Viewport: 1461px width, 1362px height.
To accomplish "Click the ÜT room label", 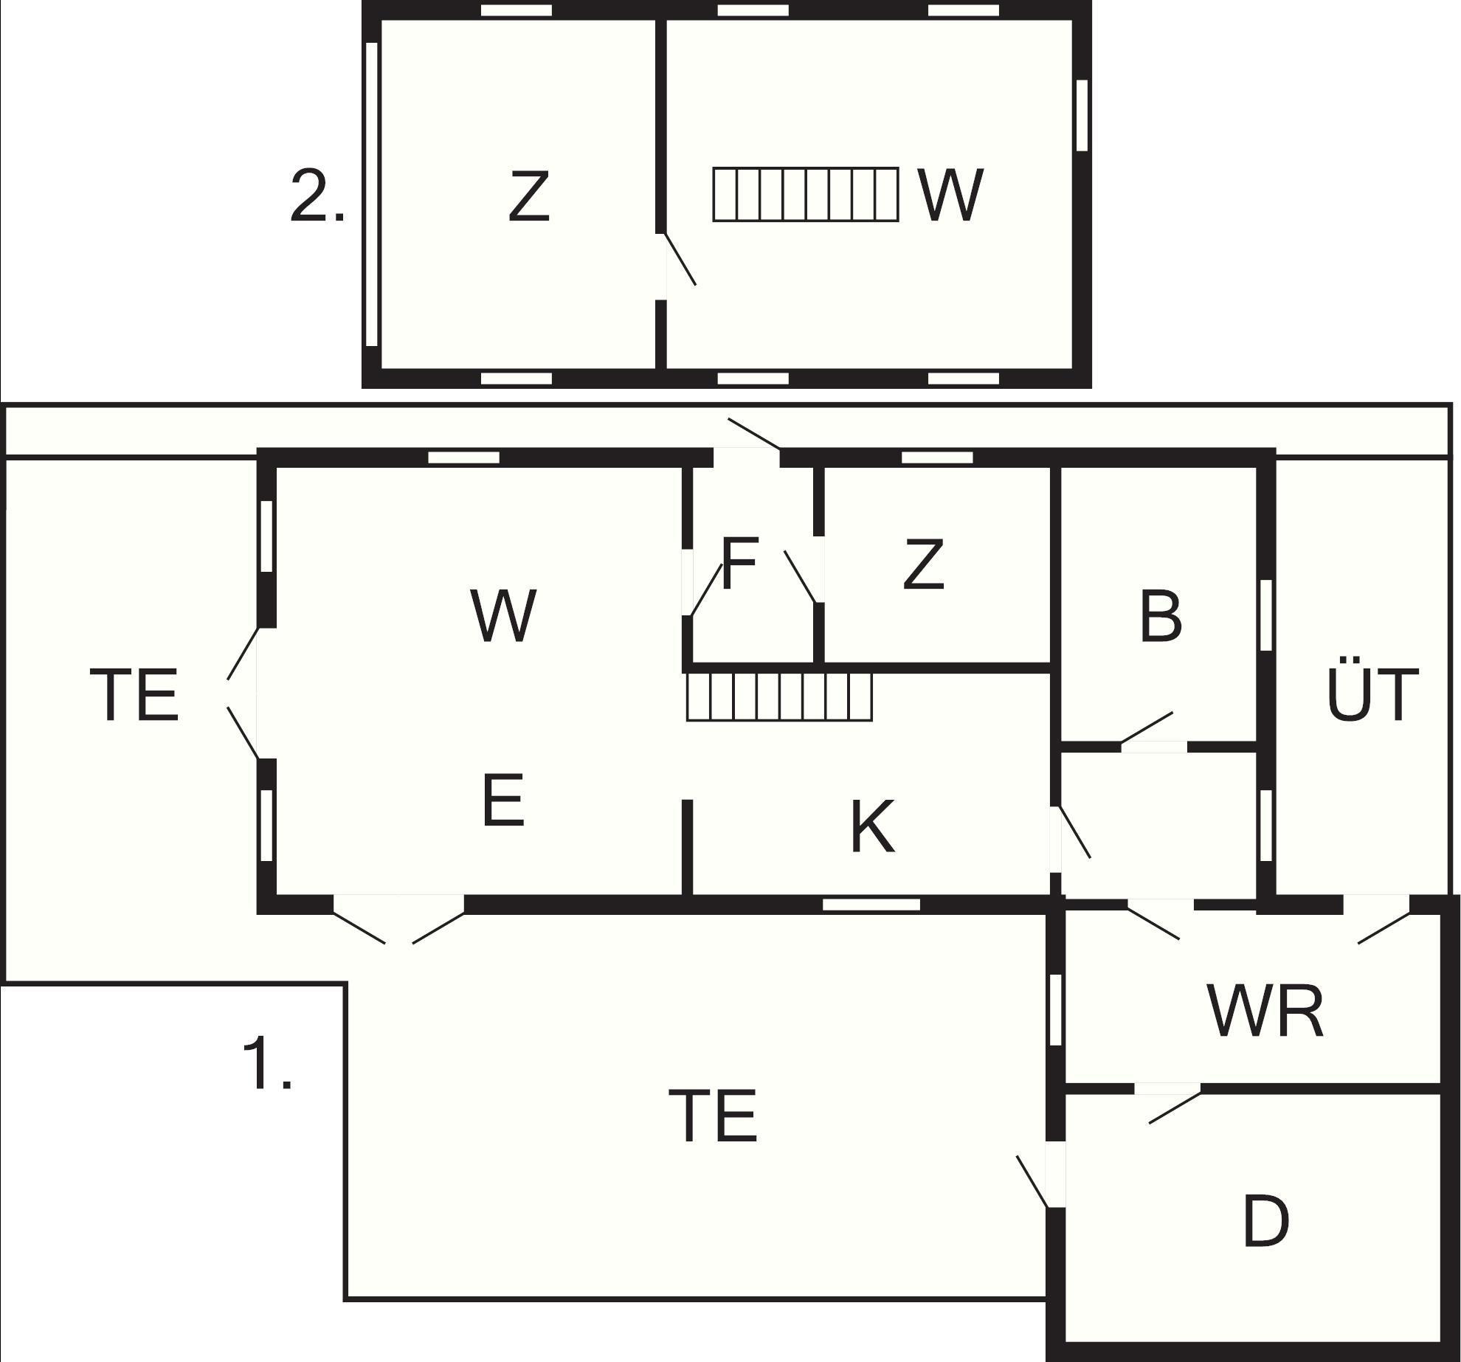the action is (x=1372, y=688).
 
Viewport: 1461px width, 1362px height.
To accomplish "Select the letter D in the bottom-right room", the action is (x=1266, y=1222).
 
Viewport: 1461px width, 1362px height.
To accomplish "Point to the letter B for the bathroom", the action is (x=1160, y=616).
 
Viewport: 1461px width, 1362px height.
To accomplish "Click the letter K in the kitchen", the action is (x=873, y=827).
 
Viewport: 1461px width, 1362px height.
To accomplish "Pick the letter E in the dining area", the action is (x=503, y=801).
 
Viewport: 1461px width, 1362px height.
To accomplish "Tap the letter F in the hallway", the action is (x=739, y=564).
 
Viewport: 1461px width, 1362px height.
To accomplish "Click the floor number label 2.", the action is (x=317, y=196).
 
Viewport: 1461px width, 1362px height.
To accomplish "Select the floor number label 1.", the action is (x=267, y=1062).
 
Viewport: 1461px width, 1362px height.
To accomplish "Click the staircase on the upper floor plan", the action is (x=806, y=195).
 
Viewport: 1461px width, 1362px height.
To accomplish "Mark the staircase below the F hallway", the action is (x=780, y=696).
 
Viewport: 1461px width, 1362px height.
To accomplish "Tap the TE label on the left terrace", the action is (x=134, y=695).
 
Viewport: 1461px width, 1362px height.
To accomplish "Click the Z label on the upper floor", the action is (x=529, y=196).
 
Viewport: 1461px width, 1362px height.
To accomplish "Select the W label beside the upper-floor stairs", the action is (x=950, y=195).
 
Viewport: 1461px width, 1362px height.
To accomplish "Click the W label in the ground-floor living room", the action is (x=503, y=616).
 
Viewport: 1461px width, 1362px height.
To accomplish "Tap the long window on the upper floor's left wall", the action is (x=373, y=194).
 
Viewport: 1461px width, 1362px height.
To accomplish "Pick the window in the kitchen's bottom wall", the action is (x=871, y=905).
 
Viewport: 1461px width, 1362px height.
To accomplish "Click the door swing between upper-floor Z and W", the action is (x=680, y=259).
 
